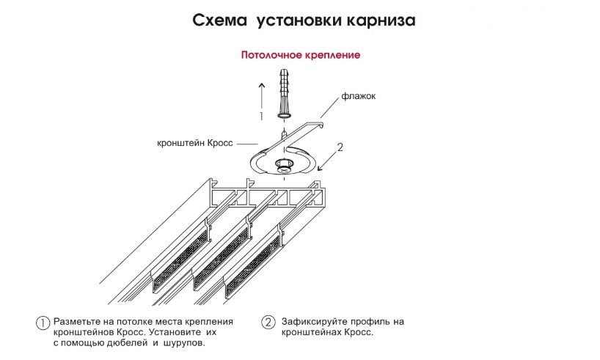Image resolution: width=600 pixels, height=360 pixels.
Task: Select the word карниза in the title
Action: tap(379, 21)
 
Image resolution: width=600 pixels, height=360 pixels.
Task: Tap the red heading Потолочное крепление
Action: tap(300, 55)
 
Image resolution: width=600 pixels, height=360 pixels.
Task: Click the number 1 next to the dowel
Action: tap(259, 116)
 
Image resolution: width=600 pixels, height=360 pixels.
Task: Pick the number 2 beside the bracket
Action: tap(340, 147)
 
